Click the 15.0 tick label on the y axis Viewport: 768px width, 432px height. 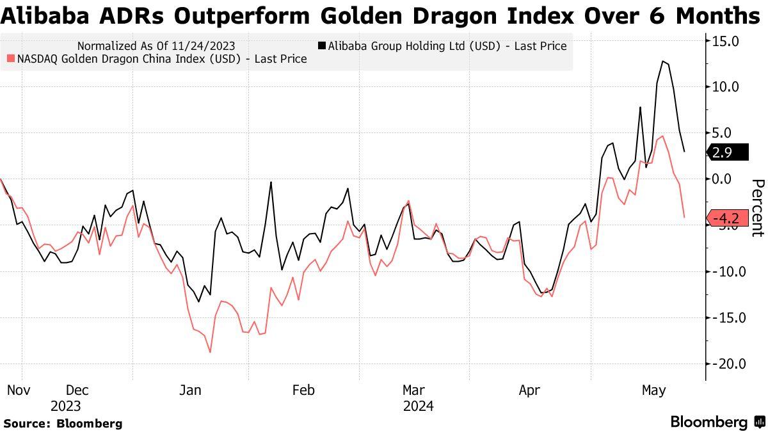coord(726,41)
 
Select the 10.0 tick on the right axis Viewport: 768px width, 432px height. coord(726,87)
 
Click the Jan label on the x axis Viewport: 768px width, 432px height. coord(191,390)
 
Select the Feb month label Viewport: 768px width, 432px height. coord(303,390)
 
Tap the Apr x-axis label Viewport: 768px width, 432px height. coord(530,390)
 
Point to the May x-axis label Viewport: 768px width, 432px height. coord(654,390)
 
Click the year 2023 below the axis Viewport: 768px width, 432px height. coord(66,406)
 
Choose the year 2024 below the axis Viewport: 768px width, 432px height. coord(418,406)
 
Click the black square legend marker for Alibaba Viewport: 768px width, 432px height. coord(322,46)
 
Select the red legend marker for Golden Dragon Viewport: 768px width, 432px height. coord(10,59)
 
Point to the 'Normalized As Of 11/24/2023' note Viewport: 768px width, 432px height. coord(156,46)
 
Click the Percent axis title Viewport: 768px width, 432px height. coord(757,208)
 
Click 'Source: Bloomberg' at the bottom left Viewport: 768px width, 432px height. coord(63,423)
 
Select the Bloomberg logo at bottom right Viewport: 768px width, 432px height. coord(717,422)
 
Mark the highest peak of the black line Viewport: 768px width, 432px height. coord(663,61)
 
